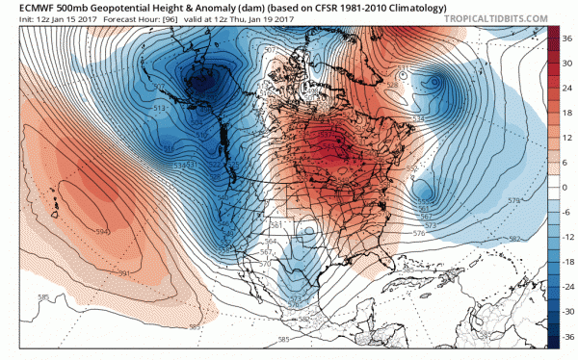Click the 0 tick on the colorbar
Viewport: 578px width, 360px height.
(x=566, y=187)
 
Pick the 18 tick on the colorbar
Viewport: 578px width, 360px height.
(x=567, y=112)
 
